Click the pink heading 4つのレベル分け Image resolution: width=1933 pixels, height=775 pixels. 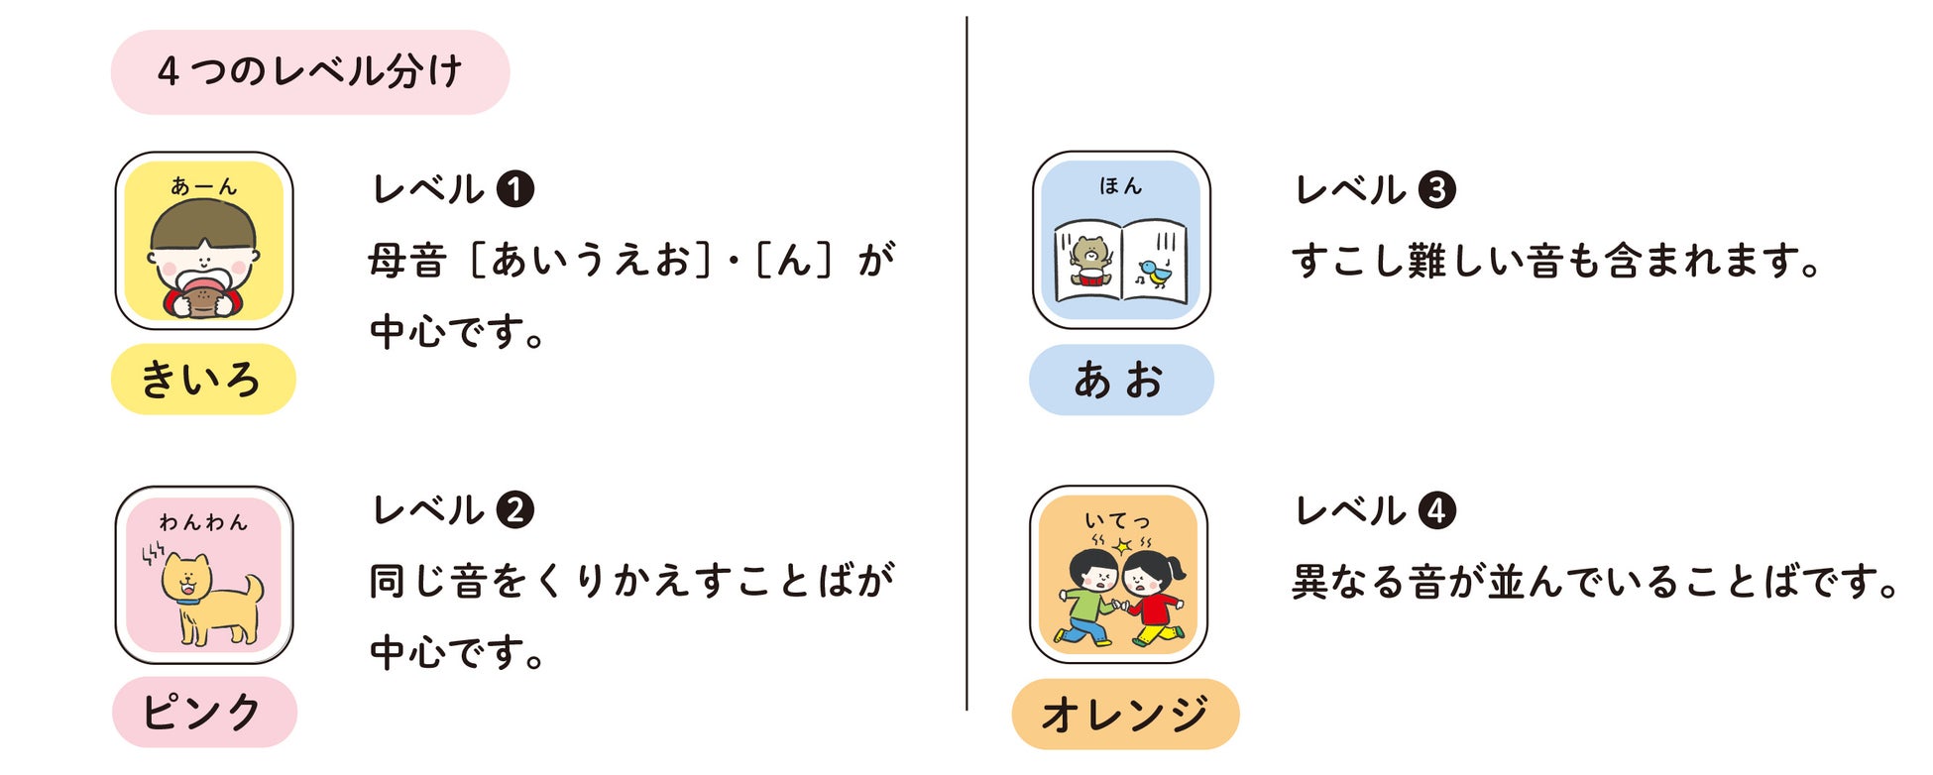pyautogui.click(x=310, y=72)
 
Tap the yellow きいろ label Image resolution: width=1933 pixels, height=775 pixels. pyautogui.click(x=203, y=380)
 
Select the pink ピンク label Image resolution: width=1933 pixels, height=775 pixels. pyautogui.click(x=204, y=713)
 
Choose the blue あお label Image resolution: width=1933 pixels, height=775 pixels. pyautogui.click(x=1121, y=380)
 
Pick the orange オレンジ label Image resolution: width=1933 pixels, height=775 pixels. pyautogui.click(x=1125, y=714)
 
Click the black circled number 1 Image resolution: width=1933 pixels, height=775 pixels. pyautogui.click(x=514, y=189)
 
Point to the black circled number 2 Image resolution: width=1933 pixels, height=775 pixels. pyautogui.click(x=514, y=510)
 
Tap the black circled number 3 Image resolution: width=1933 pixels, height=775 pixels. pyautogui.click(x=1436, y=189)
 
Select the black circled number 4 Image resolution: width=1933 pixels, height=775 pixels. pyautogui.click(x=1436, y=510)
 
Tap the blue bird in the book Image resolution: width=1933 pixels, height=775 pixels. pyautogui.click(x=1154, y=272)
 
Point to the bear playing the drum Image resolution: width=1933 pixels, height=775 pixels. pyautogui.click(x=1088, y=264)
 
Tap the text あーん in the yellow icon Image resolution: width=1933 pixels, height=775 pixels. pyautogui.click(x=203, y=186)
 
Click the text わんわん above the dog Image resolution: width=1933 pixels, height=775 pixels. pyautogui.click(x=203, y=522)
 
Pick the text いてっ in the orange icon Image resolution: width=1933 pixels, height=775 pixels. pyautogui.click(x=1117, y=520)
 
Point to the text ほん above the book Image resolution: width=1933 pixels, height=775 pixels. pyautogui.click(x=1121, y=185)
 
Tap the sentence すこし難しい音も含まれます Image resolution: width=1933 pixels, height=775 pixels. pyautogui.click(x=1555, y=262)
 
